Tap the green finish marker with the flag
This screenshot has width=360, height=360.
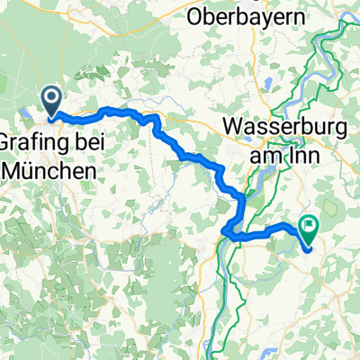pyautogui.click(x=311, y=231)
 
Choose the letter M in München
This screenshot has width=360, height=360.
pyautogui.click(x=13, y=168)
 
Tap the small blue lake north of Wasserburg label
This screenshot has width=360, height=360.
pyautogui.click(x=269, y=88)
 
